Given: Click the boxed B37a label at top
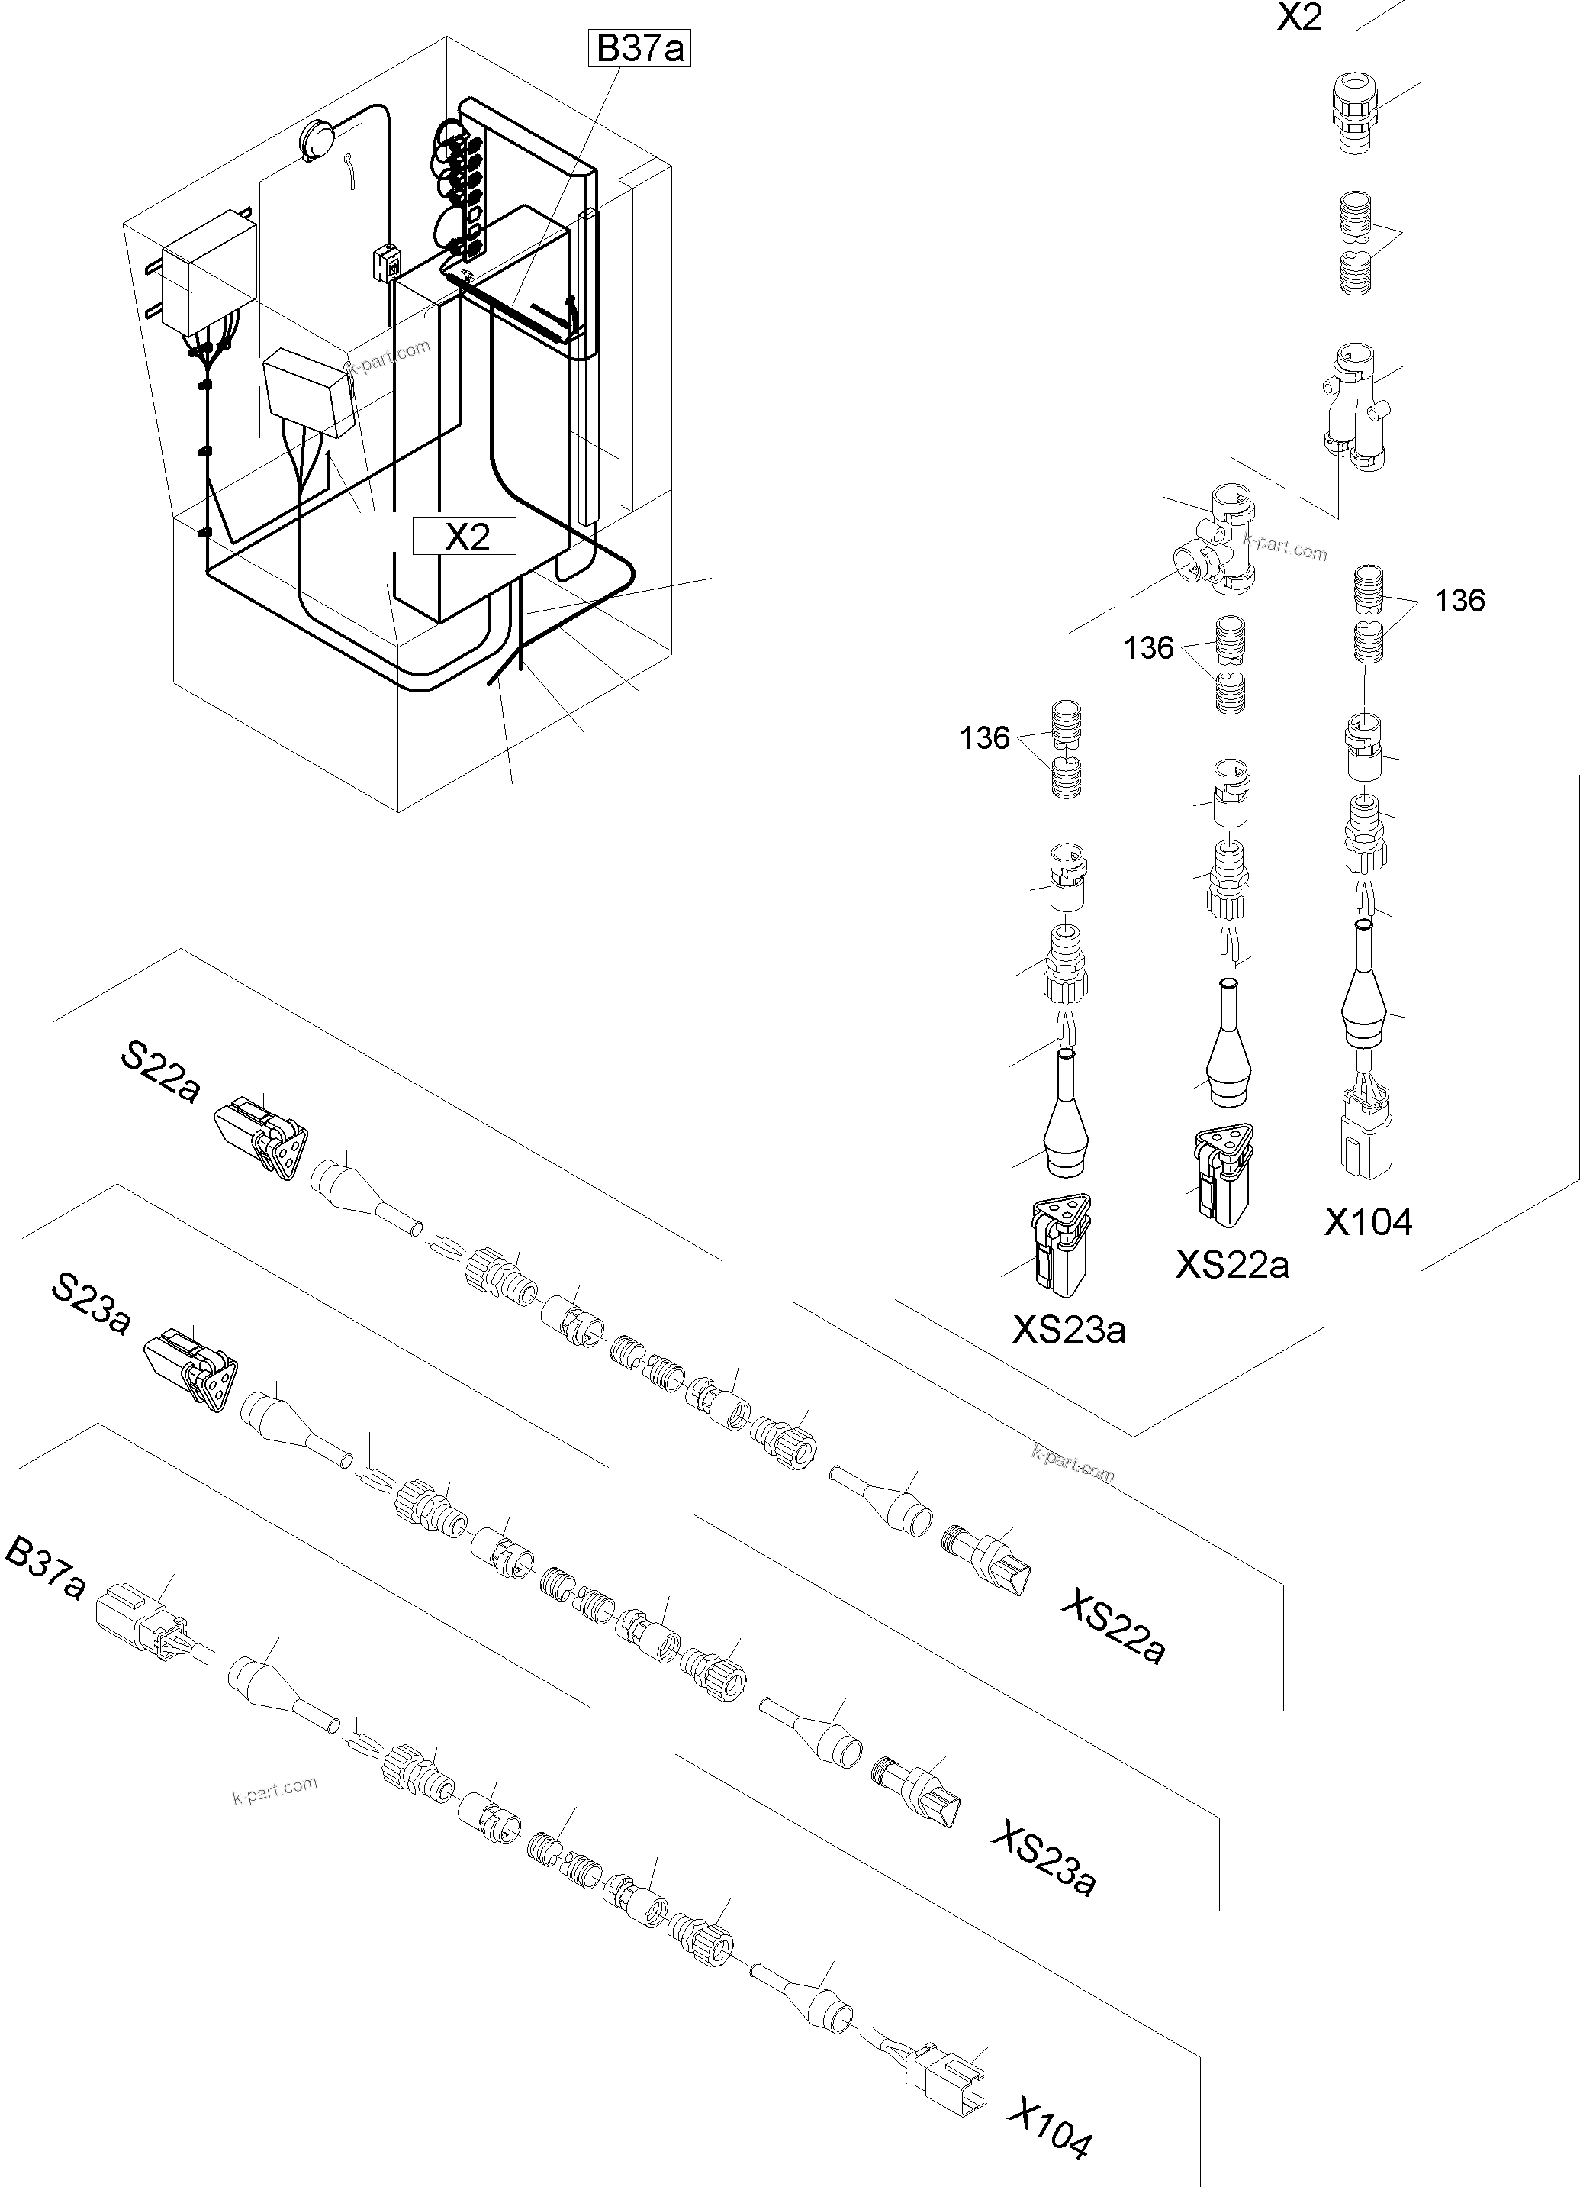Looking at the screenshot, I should pos(639,48).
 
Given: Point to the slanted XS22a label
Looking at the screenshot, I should pos(1113,1627).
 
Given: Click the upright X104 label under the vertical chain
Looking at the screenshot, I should pos(1368,1222).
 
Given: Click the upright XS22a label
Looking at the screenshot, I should pos(1232,1263).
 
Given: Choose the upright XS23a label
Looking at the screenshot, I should pos(1068,1330).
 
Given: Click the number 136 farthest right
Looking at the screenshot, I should pos(1459,601).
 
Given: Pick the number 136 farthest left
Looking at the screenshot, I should pos(984,739).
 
